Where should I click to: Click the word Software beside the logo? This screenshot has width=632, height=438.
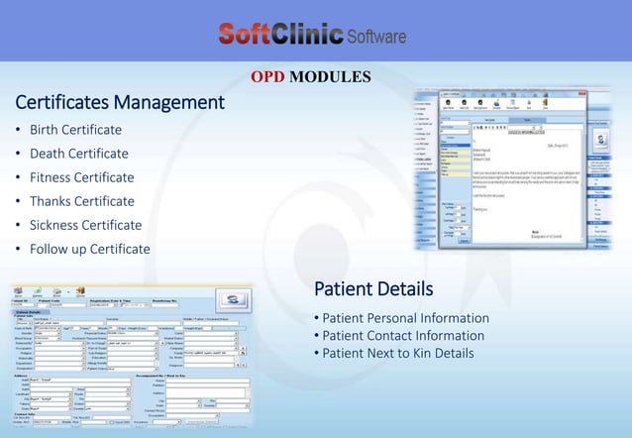coord(376,38)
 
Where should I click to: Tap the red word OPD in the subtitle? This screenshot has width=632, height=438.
coord(267,76)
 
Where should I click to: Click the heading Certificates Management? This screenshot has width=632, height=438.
coord(119,102)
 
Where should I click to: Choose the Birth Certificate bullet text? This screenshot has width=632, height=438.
coord(75,130)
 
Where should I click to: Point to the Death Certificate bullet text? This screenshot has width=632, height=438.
coord(78,154)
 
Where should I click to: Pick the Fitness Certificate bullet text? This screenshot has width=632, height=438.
coord(81,177)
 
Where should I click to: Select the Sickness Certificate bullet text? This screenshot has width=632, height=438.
coord(85,225)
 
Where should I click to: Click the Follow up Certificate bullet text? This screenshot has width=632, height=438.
coord(89,249)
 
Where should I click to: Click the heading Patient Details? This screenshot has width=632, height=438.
coord(372,289)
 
